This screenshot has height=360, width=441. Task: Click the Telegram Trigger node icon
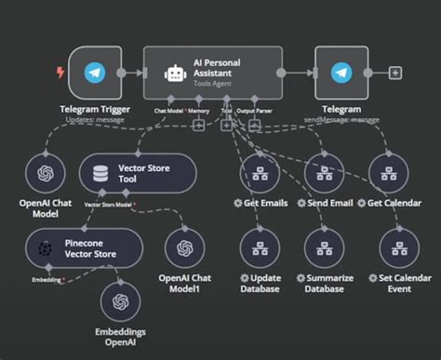94,73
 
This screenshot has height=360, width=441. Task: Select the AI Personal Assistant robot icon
173,73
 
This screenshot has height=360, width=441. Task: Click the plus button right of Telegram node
395,73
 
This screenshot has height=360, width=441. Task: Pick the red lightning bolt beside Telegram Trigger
60,73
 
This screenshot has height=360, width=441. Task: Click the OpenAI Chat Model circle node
45,173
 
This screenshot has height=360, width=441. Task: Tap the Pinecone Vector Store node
84,248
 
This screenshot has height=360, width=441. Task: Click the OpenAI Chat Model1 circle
184,248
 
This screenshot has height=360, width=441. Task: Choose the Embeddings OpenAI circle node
119,301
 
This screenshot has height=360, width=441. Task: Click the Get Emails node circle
259,173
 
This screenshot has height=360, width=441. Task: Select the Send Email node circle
323,173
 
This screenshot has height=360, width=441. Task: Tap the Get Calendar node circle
387,173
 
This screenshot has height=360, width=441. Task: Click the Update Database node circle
259,248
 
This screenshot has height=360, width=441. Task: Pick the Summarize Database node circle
323,248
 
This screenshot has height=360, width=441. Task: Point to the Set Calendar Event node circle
387,248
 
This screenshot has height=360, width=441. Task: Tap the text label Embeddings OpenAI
119,338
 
